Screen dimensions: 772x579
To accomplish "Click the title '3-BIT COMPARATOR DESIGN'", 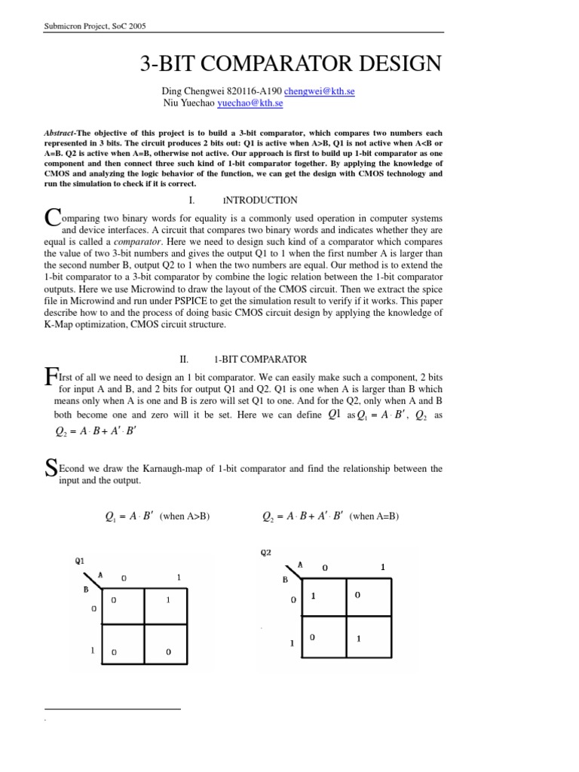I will (x=290, y=64).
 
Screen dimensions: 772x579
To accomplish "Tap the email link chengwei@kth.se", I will (x=319, y=91).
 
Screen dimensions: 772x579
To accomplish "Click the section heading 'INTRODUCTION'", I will (x=260, y=201).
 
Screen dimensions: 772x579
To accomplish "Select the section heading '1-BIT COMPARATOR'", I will (x=261, y=360).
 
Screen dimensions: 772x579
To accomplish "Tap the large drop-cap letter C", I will (x=52, y=217).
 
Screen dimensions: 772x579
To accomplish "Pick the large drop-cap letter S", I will (x=51, y=469).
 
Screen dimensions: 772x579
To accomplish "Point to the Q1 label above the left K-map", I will (x=80, y=561).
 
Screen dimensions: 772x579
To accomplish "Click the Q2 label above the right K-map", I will (x=265, y=552).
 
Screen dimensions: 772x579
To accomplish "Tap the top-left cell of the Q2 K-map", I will (x=323, y=597).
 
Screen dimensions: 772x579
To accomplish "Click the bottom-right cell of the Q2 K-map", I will (x=369, y=639).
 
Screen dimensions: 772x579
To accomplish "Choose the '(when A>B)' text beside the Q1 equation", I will (x=184, y=516).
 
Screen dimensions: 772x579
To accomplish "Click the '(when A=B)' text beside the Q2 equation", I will (x=374, y=516).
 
